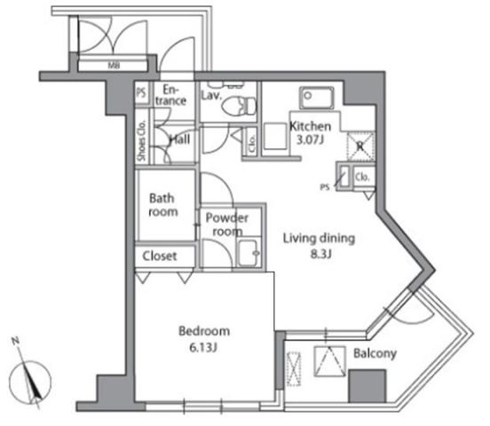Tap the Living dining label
pos(319,238)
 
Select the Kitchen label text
pos(311,126)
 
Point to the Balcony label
pos(374,353)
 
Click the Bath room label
pos(163,205)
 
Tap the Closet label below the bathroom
pos(161,256)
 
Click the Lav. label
pos(211,95)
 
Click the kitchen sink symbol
pos(315,96)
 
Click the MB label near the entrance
pos(115,65)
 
